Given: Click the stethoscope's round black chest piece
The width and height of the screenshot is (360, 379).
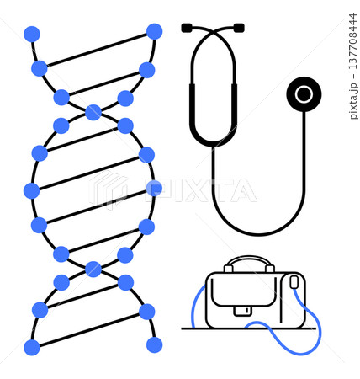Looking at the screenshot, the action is click(x=304, y=94).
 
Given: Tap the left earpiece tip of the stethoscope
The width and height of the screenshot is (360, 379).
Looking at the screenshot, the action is click(x=187, y=28).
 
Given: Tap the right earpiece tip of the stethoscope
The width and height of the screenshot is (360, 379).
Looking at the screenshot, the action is click(x=239, y=28).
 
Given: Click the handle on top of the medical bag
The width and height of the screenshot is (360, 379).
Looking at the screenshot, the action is click(x=249, y=260).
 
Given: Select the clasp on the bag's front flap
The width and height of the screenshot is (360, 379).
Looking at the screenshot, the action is click(x=243, y=311).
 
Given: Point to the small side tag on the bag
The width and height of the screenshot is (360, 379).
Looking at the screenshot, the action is click(x=294, y=282).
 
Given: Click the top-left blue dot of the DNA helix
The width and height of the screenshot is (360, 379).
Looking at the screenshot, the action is click(x=32, y=35).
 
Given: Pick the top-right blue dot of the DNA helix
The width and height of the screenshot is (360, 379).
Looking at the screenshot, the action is click(x=154, y=31).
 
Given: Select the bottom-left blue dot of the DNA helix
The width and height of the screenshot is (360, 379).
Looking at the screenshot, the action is click(x=32, y=348).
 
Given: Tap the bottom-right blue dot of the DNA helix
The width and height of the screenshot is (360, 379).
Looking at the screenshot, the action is click(x=154, y=344).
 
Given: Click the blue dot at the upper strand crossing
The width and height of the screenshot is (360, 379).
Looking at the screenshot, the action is click(x=93, y=112).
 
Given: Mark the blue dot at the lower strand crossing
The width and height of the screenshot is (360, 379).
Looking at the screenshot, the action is click(x=93, y=269).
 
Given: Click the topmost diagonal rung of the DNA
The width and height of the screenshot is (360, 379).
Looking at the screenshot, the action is click(x=97, y=50).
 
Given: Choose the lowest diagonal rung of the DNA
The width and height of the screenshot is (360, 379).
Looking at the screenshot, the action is click(x=89, y=329).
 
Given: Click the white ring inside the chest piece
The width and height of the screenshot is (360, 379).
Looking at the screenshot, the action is click(x=304, y=94).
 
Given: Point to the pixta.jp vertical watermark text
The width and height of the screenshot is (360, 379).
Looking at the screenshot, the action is click(x=353, y=101).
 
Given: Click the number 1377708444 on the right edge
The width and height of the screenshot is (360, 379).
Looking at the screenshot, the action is click(x=353, y=41).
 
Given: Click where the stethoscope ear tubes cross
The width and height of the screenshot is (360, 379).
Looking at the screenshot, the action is click(x=213, y=31).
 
